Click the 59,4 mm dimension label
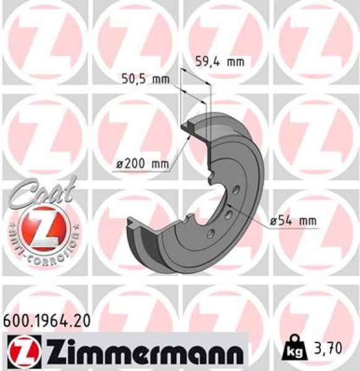click(220, 61)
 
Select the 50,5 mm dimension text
click(145, 79)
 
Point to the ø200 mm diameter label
click(142, 164)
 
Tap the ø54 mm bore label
click(293, 221)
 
